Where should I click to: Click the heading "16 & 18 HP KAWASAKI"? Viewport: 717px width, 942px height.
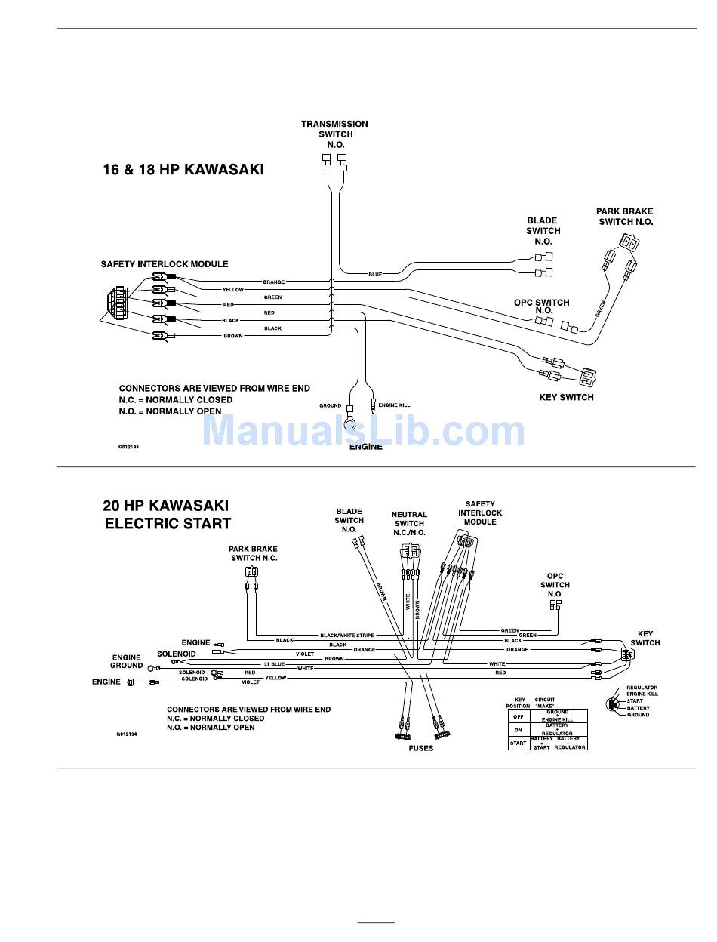coord(183,170)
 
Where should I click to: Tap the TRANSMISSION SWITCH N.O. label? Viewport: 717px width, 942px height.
coord(334,134)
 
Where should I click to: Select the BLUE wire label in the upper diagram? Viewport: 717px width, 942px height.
coord(375,274)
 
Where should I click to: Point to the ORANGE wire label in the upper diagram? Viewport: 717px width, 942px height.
coord(274,282)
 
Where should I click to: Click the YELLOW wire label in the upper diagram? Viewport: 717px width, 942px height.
coord(233,290)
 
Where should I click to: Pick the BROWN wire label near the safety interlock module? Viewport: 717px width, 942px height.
coord(233,336)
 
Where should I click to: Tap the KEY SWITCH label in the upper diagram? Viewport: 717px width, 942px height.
coord(566,397)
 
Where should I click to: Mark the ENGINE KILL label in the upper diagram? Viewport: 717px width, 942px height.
coord(393,405)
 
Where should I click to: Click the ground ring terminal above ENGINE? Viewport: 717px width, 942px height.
coord(350,423)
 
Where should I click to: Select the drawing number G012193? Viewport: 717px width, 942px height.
coord(128,447)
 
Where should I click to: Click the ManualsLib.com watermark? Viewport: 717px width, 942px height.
coord(363,431)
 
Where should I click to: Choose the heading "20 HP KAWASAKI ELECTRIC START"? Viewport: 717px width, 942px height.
coord(167,514)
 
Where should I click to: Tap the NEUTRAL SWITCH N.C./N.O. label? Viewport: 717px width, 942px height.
coord(409,524)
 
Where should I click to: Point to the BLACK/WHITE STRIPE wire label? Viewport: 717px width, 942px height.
coord(347,636)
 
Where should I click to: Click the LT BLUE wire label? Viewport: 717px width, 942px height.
coord(274,664)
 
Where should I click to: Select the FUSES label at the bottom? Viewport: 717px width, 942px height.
coord(421,748)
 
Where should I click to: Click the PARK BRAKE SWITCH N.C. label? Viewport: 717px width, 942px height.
coord(254,553)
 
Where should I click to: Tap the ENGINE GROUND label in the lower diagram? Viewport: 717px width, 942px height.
coord(127,662)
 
